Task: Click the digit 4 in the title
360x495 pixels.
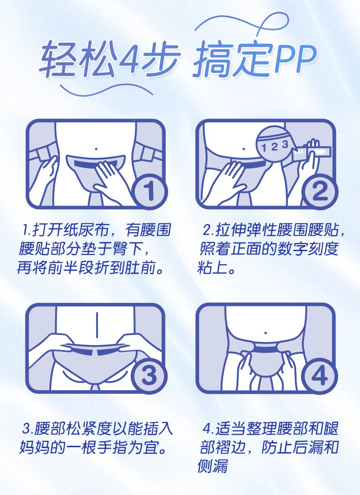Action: pos(128,58)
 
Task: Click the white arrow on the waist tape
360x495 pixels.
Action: pos(320,152)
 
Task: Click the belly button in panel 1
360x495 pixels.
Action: pos(96,149)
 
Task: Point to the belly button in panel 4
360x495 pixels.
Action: pos(266,333)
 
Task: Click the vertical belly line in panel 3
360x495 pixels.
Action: pos(97,325)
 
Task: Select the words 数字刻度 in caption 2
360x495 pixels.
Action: pos(308,249)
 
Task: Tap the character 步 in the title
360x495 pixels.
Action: pos(161,59)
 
